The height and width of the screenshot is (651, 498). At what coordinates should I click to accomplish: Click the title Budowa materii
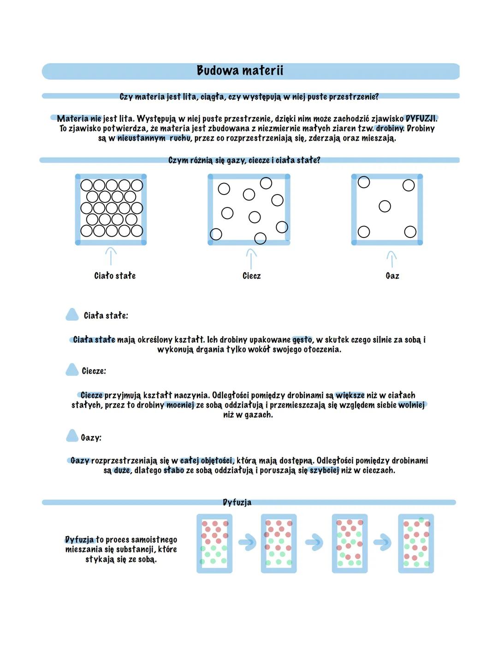point(240,71)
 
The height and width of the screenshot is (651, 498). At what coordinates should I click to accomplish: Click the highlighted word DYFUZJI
point(421,118)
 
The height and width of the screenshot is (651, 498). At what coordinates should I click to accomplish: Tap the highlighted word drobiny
point(390,128)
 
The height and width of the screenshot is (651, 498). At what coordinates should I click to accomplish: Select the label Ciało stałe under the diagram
point(115,276)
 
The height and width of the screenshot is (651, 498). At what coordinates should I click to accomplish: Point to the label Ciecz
point(251,276)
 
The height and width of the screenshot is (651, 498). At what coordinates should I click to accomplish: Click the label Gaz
point(392,276)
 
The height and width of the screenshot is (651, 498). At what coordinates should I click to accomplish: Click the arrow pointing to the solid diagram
point(111,256)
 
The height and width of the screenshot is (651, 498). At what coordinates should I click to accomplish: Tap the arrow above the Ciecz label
point(251,258)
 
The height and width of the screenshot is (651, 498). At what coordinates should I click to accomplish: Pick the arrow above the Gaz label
point(391,259)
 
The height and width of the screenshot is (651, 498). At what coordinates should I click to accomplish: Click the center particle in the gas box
point(385,206)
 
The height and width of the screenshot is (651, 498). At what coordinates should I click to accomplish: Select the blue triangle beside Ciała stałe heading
point(72,314)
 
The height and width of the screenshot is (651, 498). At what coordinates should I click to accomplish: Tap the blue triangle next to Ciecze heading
point(72,370)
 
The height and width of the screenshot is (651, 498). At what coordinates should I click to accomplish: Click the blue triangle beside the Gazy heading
point(72,436)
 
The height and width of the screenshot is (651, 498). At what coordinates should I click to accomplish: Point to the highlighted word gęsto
point(302,340)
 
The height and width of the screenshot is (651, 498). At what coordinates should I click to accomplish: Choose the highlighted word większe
point(350,395)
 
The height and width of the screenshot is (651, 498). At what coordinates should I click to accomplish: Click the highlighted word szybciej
point(324,470)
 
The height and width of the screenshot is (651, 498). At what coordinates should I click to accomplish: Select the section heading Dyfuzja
point(237,502)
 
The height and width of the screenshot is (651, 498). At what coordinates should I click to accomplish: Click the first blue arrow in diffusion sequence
point(247,542)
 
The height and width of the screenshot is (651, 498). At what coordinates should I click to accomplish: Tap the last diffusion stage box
point(416,544)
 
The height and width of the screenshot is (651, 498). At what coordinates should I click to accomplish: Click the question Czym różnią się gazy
point(244,160)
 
